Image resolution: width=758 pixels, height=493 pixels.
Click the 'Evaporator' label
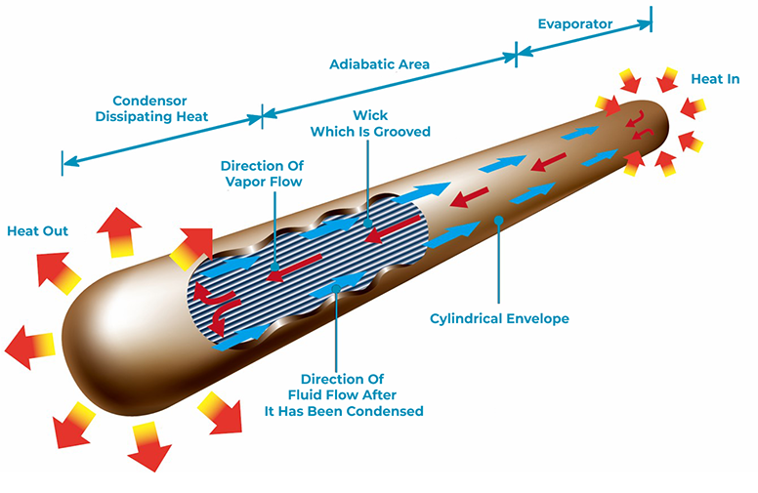pyautogui.click(x=574, y=24)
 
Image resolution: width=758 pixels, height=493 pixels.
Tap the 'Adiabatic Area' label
pyautogui.click(x=379, y=64)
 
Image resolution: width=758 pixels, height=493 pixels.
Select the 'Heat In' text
pyautogui.click(x=715, y=79)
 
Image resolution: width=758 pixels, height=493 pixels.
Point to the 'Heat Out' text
pyautogui.click(x=38, y=231)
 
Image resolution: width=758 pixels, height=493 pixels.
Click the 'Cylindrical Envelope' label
pyautogui.click(x=499, y=318)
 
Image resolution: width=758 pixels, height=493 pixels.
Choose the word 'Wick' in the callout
pyautogui.click(x=370, y=115)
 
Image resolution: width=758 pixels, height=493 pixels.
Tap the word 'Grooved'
pyautogui.click(x=402, y=132)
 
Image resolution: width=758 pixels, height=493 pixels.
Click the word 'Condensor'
pyautogui.click(x=149, y=101)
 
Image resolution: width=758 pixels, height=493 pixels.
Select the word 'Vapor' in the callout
pyautogui.click(x=246, y=183)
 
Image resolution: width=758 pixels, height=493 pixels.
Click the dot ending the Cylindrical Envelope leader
pyautogui.click(x=499, y=221)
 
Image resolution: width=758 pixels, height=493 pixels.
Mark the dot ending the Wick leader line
pyautogui.click(x=368, y=224)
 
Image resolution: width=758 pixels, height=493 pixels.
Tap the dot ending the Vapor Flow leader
pyautogui.click(x=274, y=267)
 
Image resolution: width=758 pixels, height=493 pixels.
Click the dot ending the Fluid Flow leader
pyautogui.click(x=336, y=289)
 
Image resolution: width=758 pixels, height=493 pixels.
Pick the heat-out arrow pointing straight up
pyautogui.click(x=119, y=231)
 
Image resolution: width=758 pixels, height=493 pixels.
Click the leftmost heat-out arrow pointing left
pyautogui.click(x=29, y=347)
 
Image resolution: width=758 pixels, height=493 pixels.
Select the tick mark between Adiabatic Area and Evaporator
pyautogui.click(x=516, y=54)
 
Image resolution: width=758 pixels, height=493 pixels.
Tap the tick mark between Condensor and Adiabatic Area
pyautogui.click(x=262, y=116)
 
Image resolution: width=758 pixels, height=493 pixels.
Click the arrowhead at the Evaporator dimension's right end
pyautogui.click(x=644, y=24)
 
